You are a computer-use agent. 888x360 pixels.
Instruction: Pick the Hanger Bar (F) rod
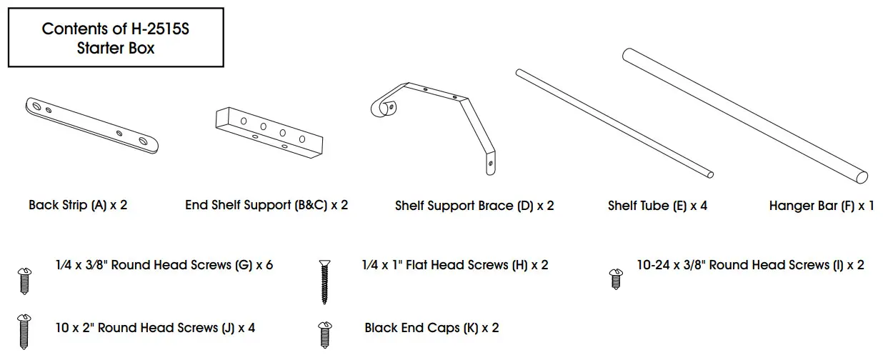(745, 114)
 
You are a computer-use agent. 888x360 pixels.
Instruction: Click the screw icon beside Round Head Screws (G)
(24, 280)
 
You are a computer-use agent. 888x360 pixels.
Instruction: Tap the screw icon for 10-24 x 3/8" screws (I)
(614, 278)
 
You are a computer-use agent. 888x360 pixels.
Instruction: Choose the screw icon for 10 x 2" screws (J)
(24, 331)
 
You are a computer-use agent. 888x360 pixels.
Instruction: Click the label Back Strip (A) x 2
(78, 206)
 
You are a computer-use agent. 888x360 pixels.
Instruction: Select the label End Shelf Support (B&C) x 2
(266, 206)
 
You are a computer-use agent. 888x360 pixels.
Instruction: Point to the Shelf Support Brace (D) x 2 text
(474, 206)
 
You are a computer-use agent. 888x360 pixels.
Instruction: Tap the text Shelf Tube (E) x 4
(657, 206)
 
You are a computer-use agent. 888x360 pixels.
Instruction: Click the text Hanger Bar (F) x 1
(822, 206)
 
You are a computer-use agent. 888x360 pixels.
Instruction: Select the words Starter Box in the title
(115, 49)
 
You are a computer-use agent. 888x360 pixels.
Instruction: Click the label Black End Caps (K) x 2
(431, 329)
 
